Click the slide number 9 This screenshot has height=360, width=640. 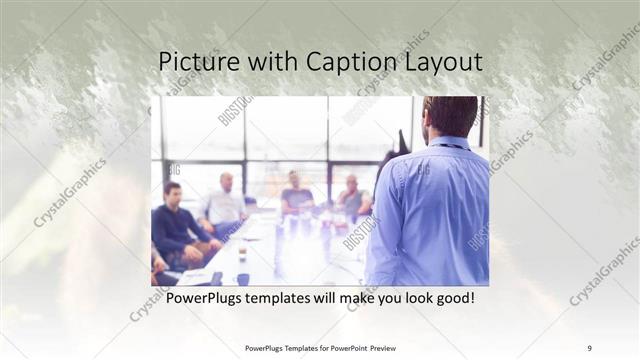(589, 348)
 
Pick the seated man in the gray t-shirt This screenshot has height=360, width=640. (296, 195)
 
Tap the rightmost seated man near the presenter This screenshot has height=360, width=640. (352, 197)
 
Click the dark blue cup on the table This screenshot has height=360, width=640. (243, 279)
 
